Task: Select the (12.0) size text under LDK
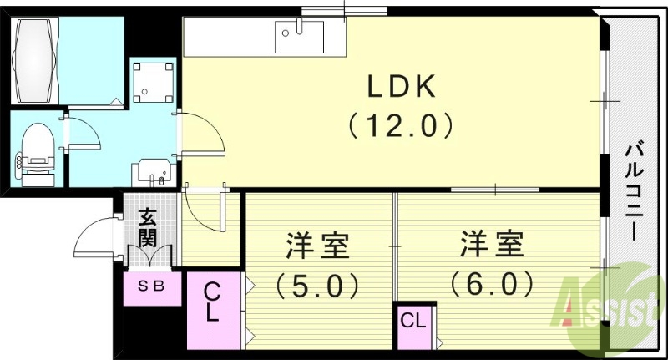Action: click(401, 125)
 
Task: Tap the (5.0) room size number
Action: click(317, 286)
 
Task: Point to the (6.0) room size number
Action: click(492, 284)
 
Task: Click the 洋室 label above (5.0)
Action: click(317, 247)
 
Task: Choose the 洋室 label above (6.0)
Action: click(492, 246)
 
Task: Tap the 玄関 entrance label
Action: click(148, 226)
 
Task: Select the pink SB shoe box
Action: click(150, 286)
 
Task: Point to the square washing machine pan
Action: click(153, 80)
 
